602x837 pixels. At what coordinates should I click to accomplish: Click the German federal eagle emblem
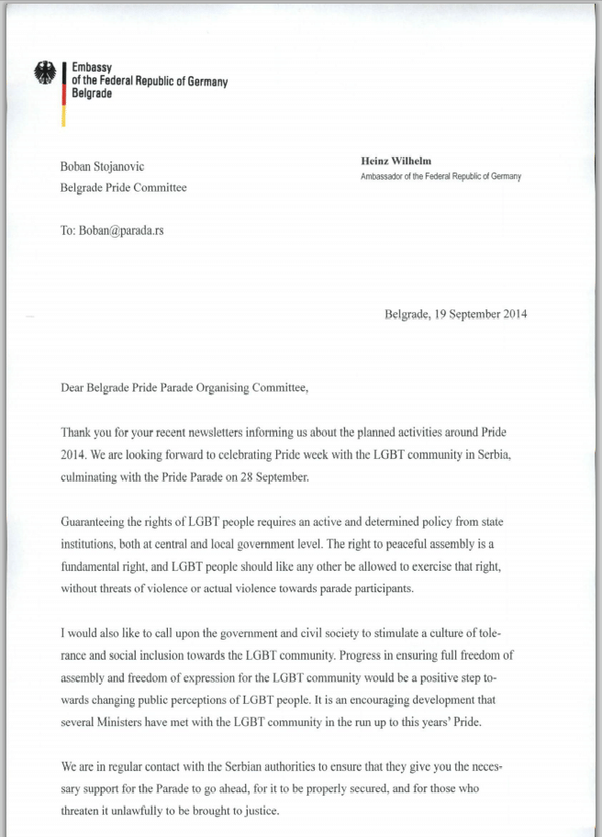click(x=44, y=73)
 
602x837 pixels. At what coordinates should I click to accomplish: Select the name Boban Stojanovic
click(x=102, y=166)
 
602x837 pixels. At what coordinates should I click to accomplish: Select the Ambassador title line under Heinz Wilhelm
click(x=440, y=176)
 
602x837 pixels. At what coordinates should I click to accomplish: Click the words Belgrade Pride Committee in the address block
click(x=123, y=188)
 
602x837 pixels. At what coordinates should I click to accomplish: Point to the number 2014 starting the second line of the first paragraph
click(x=75, y=453)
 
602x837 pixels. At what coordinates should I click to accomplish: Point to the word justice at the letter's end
click(x=253, y=810)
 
